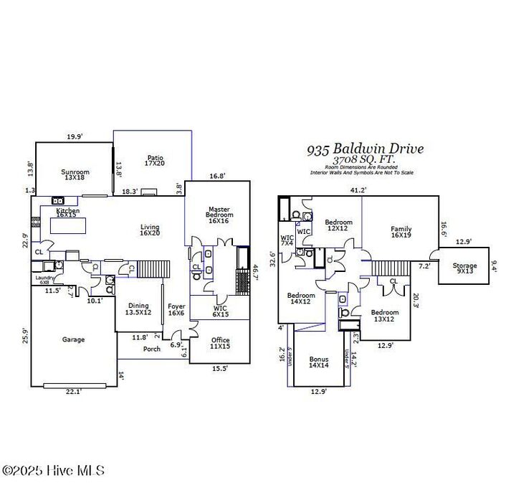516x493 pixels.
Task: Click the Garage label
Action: point(73,339)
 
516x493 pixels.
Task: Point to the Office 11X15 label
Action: point(220,344)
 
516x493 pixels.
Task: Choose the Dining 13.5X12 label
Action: point(138,309)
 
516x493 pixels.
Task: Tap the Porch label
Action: point(152,349)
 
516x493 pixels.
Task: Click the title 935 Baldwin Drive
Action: point(365,149)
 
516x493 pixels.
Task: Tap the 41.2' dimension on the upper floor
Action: point(358,190)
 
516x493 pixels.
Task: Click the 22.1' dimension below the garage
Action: point(74,390)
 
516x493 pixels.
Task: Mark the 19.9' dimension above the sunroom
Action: point(75,136)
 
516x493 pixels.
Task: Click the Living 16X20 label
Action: point(150,230)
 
